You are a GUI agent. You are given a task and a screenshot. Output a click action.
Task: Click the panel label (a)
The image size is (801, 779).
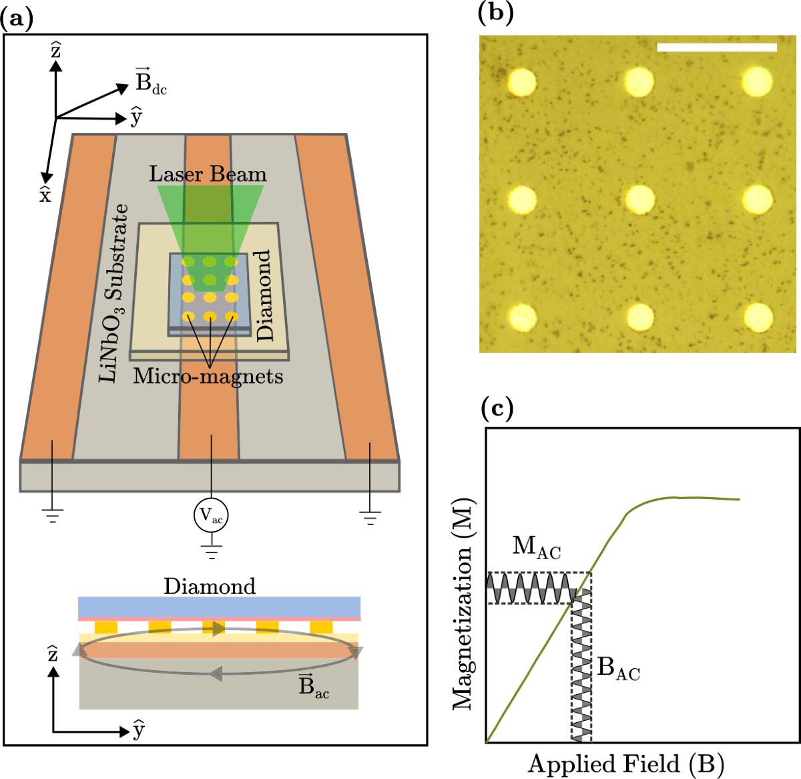point(17,19)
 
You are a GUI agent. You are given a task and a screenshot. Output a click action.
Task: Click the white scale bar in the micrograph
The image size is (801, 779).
point(717,47)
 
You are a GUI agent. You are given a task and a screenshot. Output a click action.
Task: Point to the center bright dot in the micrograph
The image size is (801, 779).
point(639,199)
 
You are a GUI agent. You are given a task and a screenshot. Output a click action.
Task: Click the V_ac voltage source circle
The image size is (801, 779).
point(211,515)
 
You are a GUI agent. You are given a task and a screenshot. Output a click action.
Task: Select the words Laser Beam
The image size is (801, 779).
point(208,174)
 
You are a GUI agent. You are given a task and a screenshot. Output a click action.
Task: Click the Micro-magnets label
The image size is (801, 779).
point(208,376)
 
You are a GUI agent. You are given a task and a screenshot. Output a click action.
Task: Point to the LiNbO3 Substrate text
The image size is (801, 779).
point(113,293)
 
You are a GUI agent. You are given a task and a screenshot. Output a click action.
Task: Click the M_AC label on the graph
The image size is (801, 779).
point(536,547)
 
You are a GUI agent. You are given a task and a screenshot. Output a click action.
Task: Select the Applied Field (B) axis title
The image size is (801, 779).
point(626,764)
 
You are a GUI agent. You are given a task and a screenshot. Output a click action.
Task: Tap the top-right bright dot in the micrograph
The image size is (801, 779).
point(757,81)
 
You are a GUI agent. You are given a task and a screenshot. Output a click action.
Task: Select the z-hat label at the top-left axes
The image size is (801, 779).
point(55,49)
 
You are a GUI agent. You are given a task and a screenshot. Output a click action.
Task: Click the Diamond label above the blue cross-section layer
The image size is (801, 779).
point(210,586)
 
